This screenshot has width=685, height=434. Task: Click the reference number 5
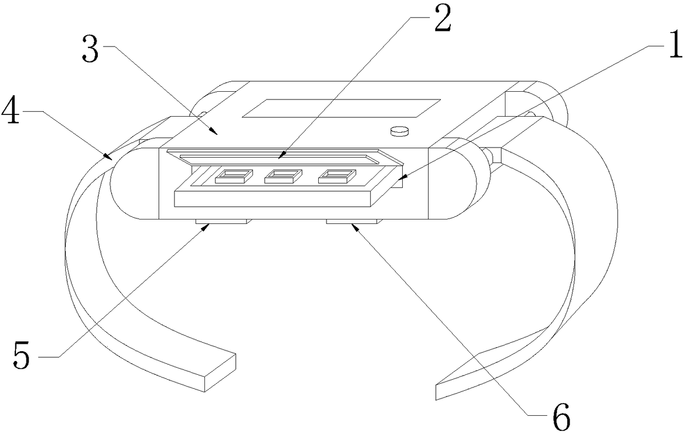coord(23,355)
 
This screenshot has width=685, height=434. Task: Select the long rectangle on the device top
coord(341,108)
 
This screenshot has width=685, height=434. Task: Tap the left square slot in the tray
coord(234,176)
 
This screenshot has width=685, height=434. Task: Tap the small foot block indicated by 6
coord(353,221)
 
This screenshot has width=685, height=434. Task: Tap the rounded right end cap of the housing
coord(454,183)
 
